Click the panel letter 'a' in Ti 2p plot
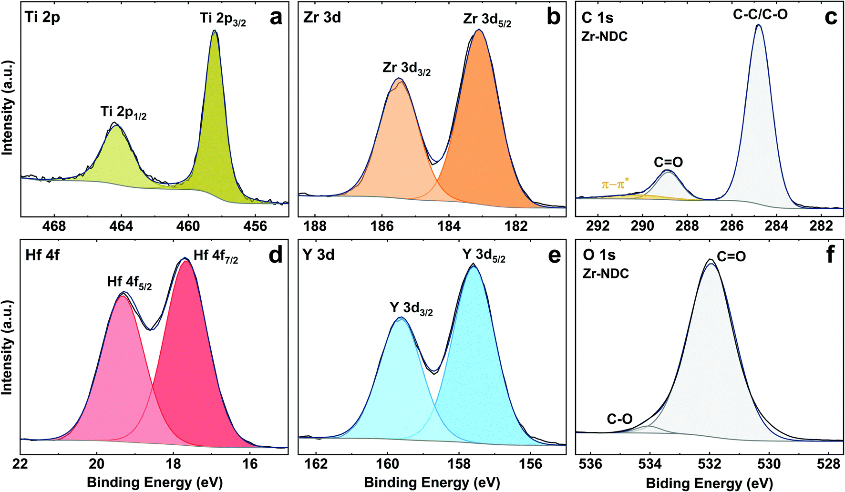pyautogui.click(x=276, y=18)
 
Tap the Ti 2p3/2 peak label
pyautogui.click(x=223, y=20)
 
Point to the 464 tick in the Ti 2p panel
pyautogui.click(x=121, y=226)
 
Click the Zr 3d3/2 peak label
pyautogui.click(x=406, y=69)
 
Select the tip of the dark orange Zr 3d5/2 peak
pyautogui.click(x=479, y=31)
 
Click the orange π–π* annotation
pyautogui.click(x=615, y=184)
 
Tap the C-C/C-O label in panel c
pyautogui.click(x=760, y=15)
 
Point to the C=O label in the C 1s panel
pyautogui.click(x=668, y=163)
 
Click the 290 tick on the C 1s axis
pyautogui.click(x=642, y=226)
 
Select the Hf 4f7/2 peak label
pyautogui.click(x=216, y=256)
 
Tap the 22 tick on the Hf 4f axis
pyautogui.click(x=21, y=463)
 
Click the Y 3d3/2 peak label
pyautogui.click(x=411, y=309)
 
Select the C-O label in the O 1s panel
pyautogui.click(x=619, y=419)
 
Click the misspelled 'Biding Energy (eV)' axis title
pyautogui.click(x=709, y=483)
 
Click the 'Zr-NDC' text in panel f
pyautogui.click(x=606, y=274)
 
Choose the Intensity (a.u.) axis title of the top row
pyautogui.click(x=7, y=107)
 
